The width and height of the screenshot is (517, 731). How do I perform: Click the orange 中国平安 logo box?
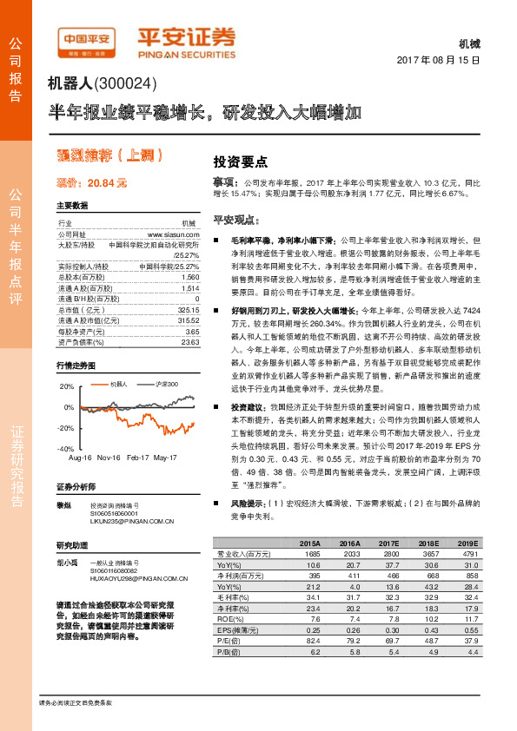(x=85, y=37)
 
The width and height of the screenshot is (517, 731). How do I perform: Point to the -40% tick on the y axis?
(x=66, y=449)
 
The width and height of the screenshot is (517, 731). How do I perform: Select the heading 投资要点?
(x=240, y=161)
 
